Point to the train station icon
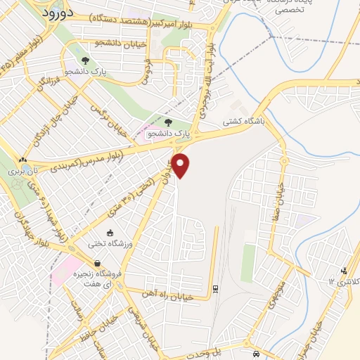coord(215,288)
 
